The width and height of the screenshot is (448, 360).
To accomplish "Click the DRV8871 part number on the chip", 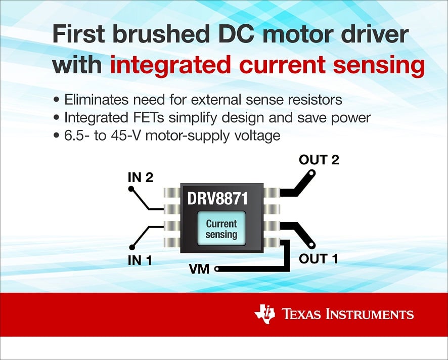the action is point(217,198).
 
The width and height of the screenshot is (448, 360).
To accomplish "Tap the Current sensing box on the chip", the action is point(221,229).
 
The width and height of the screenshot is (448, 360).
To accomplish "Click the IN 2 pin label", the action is point(141,177).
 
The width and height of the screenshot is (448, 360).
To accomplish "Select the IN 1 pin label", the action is point(140,260).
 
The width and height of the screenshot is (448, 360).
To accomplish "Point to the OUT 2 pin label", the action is point(319,160).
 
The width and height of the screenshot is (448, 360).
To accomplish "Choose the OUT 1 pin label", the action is point(318,258).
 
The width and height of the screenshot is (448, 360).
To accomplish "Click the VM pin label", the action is point(199,269).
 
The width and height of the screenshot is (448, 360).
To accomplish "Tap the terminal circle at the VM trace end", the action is point(217,269).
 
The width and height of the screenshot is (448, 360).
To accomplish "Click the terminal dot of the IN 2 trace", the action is point(131,189).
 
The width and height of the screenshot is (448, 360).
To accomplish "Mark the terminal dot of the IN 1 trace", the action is point(131,247).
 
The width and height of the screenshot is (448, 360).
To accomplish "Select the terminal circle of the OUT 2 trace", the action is point(311,173).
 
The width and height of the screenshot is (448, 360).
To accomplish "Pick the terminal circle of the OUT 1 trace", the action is point(311,245).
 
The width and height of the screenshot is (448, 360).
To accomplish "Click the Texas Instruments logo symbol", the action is point(265,313).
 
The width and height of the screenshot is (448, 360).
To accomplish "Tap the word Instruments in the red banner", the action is point(370,314).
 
